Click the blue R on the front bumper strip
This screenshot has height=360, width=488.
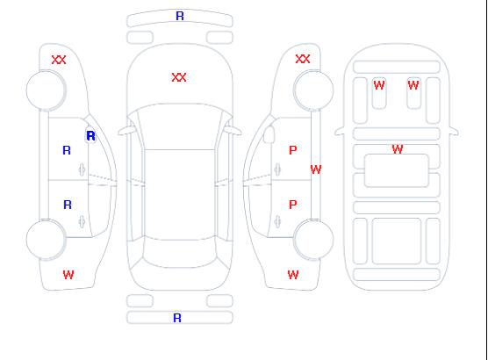pos(180,16)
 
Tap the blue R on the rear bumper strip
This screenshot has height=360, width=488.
pos(177,318)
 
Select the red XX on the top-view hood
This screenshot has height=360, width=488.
pos(179,77)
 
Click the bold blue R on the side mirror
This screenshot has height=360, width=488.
pos(90,136)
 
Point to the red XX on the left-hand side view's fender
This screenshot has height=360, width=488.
pos(59,60)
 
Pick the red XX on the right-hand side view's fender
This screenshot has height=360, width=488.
pos(303,59)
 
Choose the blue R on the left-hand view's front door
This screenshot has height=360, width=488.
pos(67,150)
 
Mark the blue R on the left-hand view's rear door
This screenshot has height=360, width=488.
pos(68,205)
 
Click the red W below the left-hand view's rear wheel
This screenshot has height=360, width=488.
pos(68,275)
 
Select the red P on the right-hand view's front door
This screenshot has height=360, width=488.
pos(292,150)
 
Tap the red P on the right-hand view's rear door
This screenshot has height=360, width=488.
pos(292,205)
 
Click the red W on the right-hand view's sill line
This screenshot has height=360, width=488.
pos(316,169)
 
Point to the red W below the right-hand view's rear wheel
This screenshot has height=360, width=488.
pos(293,275)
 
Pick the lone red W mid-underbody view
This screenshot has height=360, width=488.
pos(398,149)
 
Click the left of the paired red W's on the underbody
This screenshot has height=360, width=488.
pos(379,85)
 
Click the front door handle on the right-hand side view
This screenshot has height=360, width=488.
pos(277,169)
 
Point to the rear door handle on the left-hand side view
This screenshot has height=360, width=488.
pos(82,221)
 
